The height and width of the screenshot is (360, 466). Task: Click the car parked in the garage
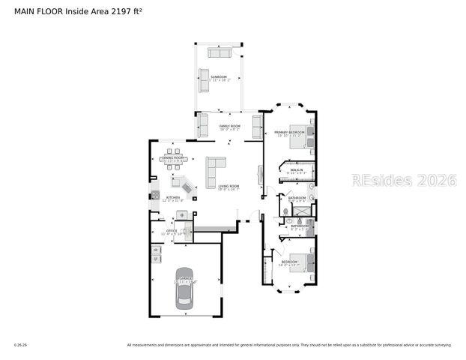(184, 289)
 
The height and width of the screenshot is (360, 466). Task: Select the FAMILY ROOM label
(229, 126)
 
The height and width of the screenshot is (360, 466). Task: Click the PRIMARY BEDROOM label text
(288, 133)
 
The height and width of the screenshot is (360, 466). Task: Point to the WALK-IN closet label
(297, 170)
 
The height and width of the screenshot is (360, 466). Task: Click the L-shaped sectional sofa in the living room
(216, 164)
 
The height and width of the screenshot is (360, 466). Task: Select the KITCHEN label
(173, 198)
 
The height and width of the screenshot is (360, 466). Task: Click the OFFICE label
(172, 231)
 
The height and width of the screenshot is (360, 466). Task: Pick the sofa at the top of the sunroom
(220, 52)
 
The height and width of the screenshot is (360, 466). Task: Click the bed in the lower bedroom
(305, 264)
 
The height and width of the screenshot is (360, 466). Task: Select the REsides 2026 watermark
(404, 181)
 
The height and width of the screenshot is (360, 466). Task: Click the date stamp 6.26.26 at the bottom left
(20, 345)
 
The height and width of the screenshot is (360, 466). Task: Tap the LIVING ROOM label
(229, 186)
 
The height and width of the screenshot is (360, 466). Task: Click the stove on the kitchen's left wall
(154, 196)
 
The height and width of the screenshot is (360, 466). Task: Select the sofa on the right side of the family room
(257, 124)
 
